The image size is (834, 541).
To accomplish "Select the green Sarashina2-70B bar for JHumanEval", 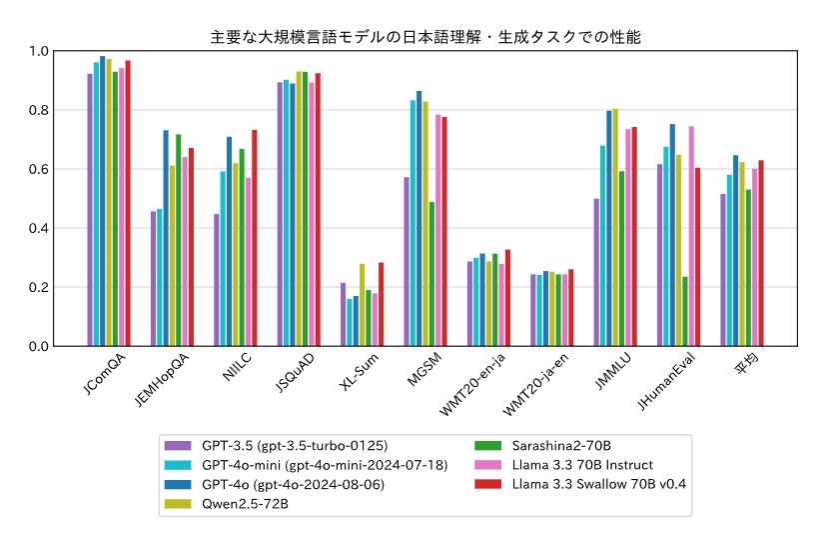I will [685, 311].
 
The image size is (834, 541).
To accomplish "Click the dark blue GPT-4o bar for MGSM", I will [419, 218].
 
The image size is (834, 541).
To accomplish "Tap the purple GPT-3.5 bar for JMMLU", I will [596, 272].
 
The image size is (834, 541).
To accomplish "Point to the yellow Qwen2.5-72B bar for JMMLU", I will [615, 227].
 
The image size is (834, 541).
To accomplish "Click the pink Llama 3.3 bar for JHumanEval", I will [691, 236].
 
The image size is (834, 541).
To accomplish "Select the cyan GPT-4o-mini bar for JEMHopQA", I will [160, 277].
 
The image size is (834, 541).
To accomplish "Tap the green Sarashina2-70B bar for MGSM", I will [432, 274].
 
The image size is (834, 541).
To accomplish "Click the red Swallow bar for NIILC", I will [255, 238].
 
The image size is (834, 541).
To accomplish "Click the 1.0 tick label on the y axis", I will [38, 51].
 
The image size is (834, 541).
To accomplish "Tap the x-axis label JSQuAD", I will [295, 374].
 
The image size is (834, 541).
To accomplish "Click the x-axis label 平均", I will [745, 366].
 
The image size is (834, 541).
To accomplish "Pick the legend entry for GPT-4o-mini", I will [310, 465].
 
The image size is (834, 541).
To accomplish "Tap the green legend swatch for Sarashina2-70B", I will [488, 445].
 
